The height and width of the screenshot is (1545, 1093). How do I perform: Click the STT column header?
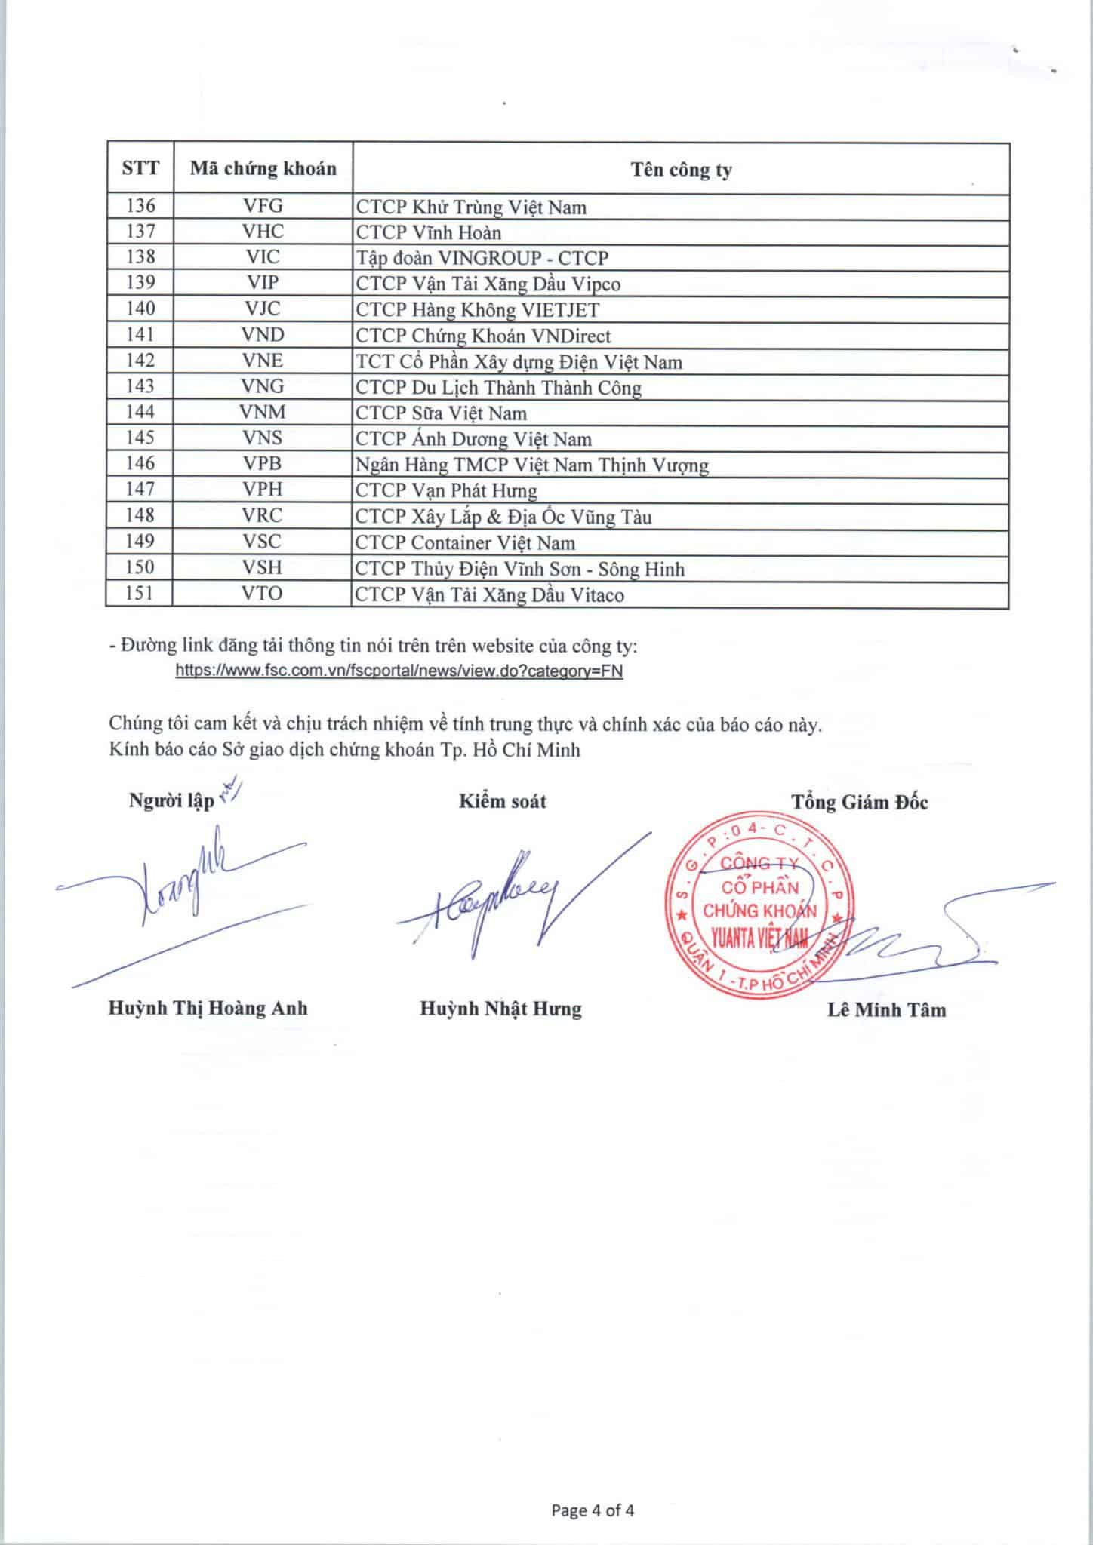pos(140,167)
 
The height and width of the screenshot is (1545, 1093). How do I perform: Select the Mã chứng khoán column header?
pos(263,168)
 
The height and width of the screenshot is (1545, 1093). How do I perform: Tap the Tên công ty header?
pos(681,170)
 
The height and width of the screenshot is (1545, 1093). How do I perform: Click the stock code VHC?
pos(263,232)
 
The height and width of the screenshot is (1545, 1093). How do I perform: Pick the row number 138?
pos(140,256)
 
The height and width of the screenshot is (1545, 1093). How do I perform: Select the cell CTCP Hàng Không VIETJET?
pos(477,310)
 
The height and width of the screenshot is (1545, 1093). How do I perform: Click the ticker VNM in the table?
pos(263,412)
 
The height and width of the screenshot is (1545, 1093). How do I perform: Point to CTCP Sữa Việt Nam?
pos(441,413)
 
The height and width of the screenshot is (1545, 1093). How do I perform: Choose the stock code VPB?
pos(263,464)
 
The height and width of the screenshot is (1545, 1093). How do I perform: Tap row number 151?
pos(140,594)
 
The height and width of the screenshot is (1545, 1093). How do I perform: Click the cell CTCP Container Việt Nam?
pos(465,543)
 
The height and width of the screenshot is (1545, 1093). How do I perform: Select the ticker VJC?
pos(263,309)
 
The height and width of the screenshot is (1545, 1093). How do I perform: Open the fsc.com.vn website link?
pos(399,671)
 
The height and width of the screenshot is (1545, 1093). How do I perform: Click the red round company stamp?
pos(759,910)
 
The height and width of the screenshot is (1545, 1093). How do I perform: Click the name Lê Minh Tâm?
pos(886,1010)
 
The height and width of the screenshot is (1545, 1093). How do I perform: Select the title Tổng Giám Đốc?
pos(859,802)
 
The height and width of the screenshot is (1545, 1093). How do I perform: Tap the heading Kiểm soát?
pos(502,801)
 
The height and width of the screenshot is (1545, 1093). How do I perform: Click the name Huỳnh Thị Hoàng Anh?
pos(208,1009)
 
